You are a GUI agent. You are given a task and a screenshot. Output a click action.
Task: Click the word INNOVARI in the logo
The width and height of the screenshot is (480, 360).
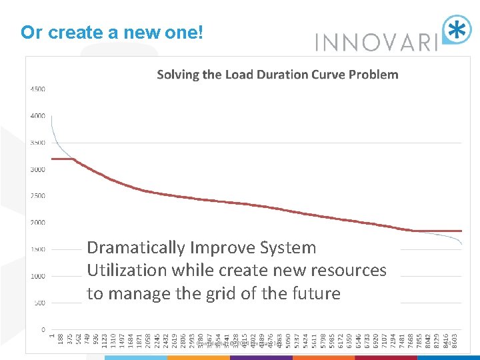(375, 43)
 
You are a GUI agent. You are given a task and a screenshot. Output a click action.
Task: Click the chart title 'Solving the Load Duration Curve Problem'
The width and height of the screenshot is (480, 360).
(277, 75)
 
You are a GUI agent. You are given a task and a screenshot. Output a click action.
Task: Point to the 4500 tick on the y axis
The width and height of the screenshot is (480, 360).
(37, 89)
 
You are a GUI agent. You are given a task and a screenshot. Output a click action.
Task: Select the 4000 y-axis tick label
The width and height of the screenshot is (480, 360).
(37, 115)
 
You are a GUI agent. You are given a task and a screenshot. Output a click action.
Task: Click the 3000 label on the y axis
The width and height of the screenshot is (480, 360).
(37, 169)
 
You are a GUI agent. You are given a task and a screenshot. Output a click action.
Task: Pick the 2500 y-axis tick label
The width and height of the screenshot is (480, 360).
(37, 196)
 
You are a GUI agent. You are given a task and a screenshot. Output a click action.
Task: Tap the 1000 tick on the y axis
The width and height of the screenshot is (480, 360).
(37, 276)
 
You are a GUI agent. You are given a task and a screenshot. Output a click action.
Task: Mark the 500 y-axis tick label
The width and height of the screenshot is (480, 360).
(39, 303)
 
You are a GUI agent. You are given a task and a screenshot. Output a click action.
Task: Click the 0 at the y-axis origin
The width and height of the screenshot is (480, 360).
(43, 329)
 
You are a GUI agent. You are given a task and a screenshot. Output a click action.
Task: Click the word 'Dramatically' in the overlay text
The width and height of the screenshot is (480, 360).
(137, 248)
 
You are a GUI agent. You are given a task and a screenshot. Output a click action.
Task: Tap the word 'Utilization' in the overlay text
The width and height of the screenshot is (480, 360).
(126, 271)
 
